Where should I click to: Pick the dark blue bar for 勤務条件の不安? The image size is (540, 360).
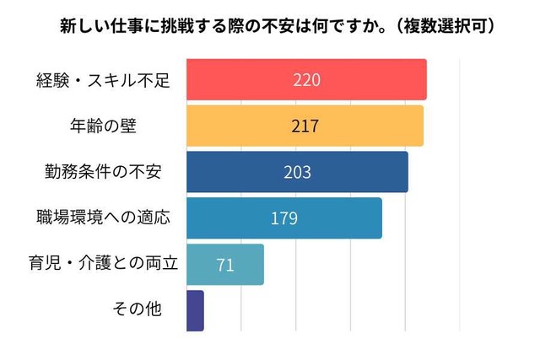[354, 172]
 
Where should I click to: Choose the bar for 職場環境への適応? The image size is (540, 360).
[337, 218]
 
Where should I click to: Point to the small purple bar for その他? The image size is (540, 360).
[195, 310]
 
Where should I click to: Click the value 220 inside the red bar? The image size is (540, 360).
[306, 80]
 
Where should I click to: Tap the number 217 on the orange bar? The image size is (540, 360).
[304, 126]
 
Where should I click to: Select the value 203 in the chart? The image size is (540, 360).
[297, 172]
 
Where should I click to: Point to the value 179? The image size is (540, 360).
[284, 218]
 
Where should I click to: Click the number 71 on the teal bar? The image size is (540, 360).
[225, 265]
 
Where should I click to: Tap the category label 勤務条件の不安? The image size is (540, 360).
[103, 172]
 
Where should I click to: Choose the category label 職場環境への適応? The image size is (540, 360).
[103, 218]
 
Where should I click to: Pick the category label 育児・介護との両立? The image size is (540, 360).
[103, 263]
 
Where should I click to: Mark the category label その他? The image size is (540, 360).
[137, 309]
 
